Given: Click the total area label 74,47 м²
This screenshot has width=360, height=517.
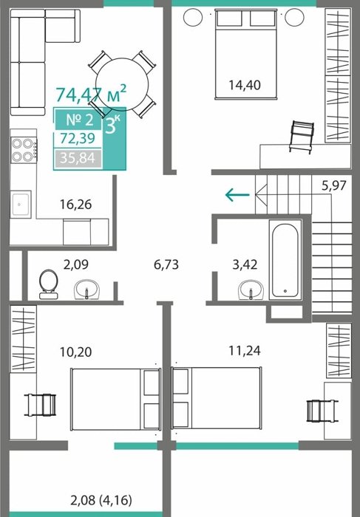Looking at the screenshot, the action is click(x=91, y=94).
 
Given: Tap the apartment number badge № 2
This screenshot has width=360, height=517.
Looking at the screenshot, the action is click(x=79, y=120).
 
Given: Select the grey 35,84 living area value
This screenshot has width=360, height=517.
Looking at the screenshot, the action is click(x=78, y=158).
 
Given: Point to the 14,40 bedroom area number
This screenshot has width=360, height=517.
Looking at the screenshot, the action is click(x=245, y=85).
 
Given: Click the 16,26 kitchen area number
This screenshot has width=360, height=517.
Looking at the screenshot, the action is click(x=75, y=205).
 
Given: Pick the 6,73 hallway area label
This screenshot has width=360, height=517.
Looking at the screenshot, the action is click(x=166, y=264).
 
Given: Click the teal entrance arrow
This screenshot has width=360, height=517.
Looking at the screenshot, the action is click(x=237, y=194).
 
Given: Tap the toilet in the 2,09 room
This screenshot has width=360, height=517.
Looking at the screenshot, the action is click(x=49, y=284).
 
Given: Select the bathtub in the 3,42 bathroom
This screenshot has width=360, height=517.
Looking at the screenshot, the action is click(x=285, y=260).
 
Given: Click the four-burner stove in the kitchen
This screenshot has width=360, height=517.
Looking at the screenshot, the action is click(x=23, y=150).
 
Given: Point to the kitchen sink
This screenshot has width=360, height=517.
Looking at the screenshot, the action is click(x=21, y=204).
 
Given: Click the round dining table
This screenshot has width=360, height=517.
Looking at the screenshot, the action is click(x=122, y=84).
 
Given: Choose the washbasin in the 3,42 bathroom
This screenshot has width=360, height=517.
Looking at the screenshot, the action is click(x=251, y=290).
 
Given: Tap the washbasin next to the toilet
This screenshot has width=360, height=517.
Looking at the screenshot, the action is click(x=86, y=290).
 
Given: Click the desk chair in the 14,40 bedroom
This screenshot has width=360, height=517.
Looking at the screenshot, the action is click(x=302, y=137).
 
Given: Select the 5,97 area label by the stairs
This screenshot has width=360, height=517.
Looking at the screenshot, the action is click(x=334, y=185).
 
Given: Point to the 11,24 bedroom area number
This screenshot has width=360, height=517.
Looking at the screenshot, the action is click(x=245, y=351).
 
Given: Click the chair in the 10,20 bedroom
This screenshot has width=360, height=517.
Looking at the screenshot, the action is click(x=40, y=405).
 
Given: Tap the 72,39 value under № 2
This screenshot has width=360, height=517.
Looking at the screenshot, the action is click(x=78, y=139).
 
